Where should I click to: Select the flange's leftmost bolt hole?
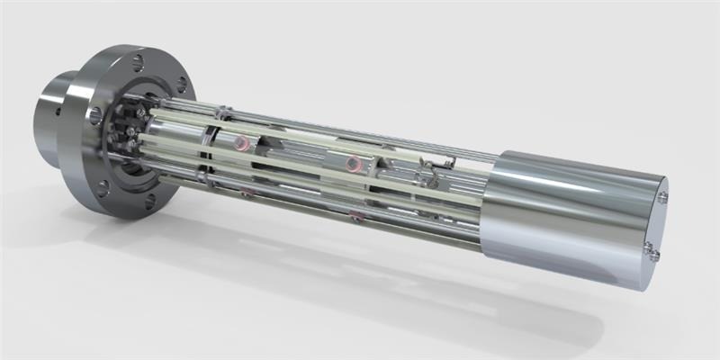click(x=95, y=114)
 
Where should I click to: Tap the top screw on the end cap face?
click(x=662, y=197)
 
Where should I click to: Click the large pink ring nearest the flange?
click(x=240, y=143)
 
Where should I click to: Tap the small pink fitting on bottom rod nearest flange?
click(x=247, y=192)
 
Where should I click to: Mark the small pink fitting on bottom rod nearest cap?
click(x=357, y=215)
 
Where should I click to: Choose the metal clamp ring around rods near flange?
click(x=209, y=148)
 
